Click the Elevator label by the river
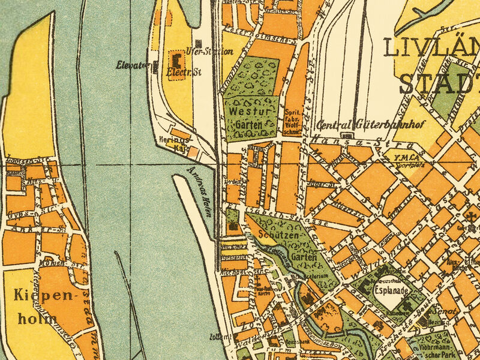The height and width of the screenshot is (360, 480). pos(133,65)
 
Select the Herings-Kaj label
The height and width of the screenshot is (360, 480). pos(181,142)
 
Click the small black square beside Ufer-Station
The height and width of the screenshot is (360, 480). pos(198,43)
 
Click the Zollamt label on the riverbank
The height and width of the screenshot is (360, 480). pos(226,337)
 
